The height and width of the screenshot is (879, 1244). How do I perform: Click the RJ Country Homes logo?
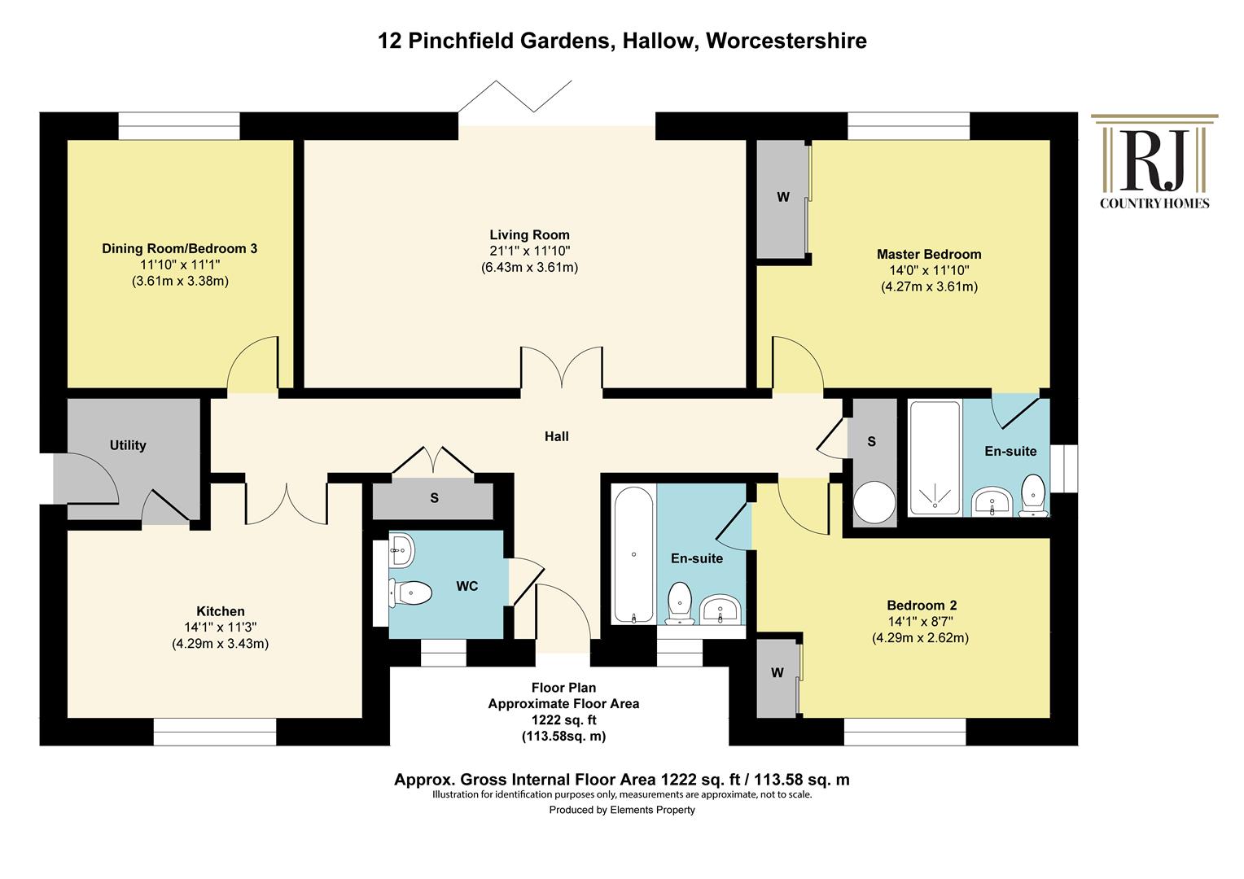tap(1154, 162)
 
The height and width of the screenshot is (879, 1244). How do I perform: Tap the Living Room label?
tap(529, 235)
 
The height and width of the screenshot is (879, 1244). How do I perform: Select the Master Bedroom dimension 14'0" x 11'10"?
tap(929, 270)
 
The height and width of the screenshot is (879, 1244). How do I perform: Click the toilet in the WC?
tap(411, 593)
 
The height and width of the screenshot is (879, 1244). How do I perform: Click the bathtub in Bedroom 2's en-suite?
tap(633, 555)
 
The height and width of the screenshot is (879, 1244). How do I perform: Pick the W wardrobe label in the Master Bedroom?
tap(783, 197)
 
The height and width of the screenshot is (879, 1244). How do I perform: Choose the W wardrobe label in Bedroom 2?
tap(777, 673)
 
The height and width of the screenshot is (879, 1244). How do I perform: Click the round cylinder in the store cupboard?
tap(874, 502)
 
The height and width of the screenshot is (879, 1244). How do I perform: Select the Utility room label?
tap(128, 445)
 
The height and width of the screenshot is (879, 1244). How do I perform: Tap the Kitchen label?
tap(221, 611)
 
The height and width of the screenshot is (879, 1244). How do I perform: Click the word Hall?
tap(557, 436)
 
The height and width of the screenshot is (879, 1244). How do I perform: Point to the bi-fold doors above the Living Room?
tap(515, 97)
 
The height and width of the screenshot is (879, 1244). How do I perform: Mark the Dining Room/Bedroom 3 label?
tap(179, 249)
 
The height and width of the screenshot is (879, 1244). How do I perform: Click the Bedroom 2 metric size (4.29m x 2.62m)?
tap(920, 637)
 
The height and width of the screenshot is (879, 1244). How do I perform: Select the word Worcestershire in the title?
tap(786, 41)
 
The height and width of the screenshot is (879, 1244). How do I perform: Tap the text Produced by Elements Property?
tap(622, 810)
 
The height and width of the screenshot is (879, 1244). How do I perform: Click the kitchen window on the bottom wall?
tap(214, 732)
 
